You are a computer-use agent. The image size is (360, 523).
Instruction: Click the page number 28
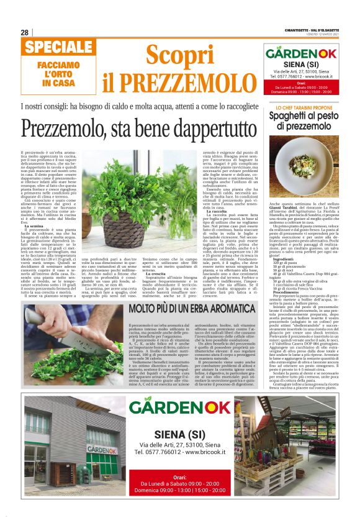click(24, 32)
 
